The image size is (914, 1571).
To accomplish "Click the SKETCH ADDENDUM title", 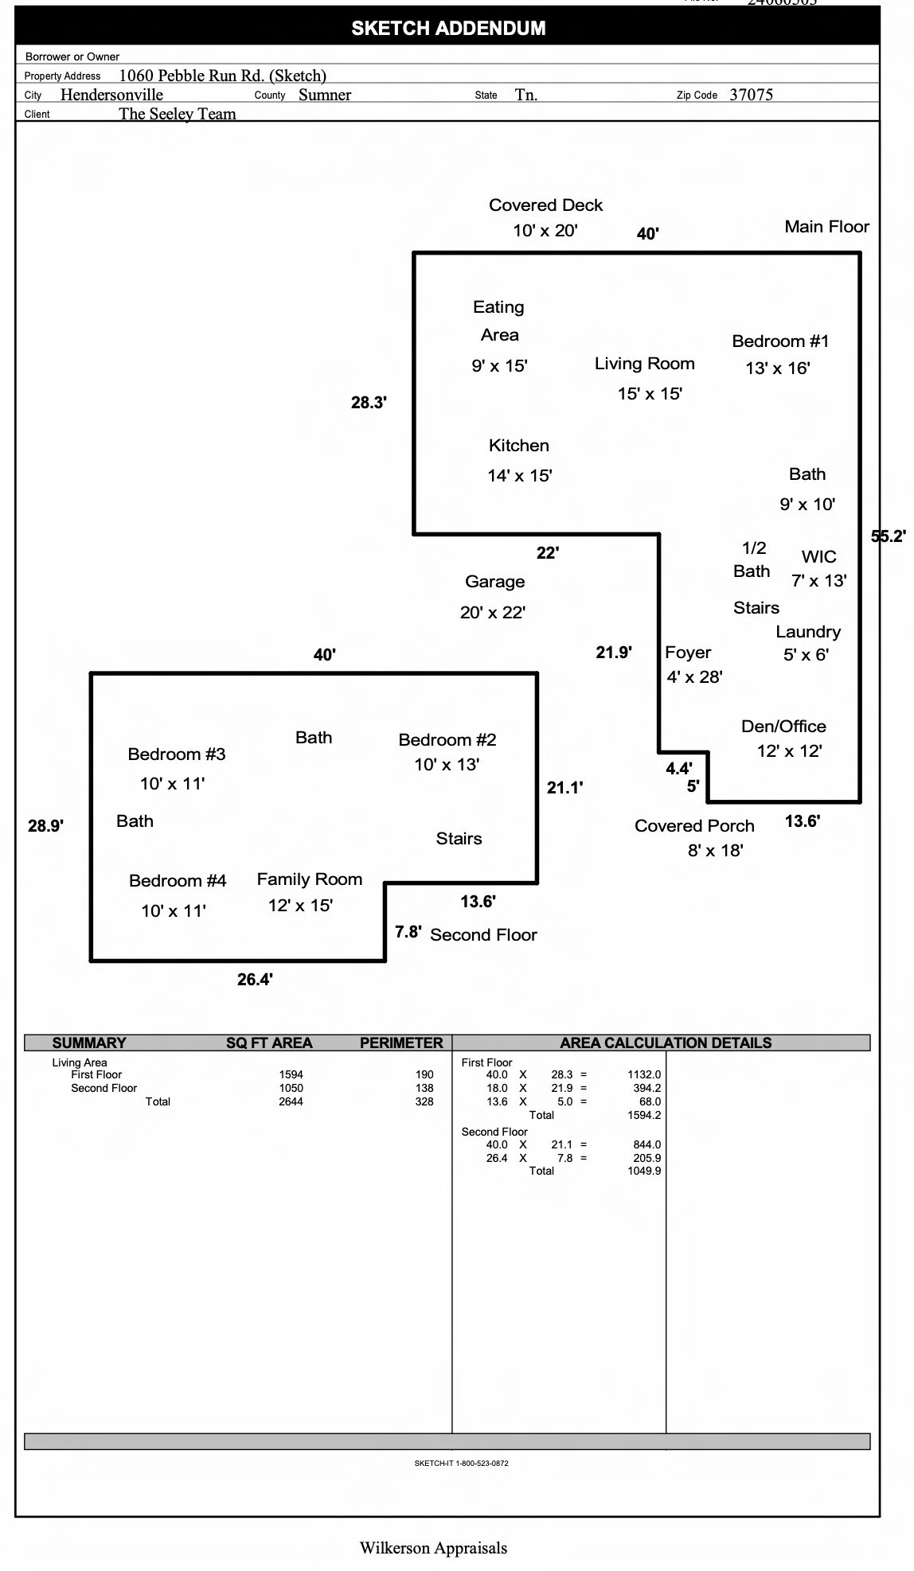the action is [448, 29].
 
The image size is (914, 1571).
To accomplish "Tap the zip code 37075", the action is [751, 95].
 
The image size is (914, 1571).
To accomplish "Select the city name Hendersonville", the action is [111, 95].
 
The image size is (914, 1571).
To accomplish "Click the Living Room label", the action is [645, 364].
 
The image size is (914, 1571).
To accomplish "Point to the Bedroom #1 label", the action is [780, 341].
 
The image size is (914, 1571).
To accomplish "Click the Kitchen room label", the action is [519, 446].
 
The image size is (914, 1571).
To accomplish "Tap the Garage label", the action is [495, 582].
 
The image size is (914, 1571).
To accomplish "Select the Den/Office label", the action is [783, 727].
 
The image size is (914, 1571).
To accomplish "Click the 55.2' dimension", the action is [889, 536].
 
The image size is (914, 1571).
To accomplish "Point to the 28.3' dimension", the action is [369, 403].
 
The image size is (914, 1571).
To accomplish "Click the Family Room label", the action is [310, 879].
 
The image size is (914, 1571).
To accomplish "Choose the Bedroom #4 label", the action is [178, 881].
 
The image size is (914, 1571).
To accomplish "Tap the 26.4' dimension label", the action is [256, 980].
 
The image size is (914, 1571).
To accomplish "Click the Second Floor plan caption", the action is [484, 935].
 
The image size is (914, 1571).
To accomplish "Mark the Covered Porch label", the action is [694, 826].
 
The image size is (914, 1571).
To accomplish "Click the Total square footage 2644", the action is [291, 1101].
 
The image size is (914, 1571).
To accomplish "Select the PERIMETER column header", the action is [401, 1043].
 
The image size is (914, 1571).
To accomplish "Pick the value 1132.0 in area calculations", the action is [644, 1074].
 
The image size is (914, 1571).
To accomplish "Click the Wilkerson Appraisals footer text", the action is [433, 1548].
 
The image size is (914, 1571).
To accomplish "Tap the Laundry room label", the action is [808, 632].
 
